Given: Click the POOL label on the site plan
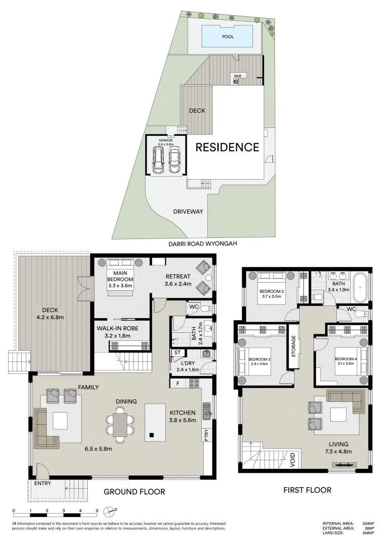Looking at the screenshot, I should point(228,37).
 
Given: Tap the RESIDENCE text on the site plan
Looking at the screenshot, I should point(227,148).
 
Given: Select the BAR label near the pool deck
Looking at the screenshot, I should point(237,76).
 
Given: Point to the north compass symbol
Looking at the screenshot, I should point(109,511).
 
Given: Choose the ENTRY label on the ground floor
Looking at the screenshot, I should point(43,484).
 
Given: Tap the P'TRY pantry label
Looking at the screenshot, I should point(206,435).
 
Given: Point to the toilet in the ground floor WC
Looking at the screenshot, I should point(205,308).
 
